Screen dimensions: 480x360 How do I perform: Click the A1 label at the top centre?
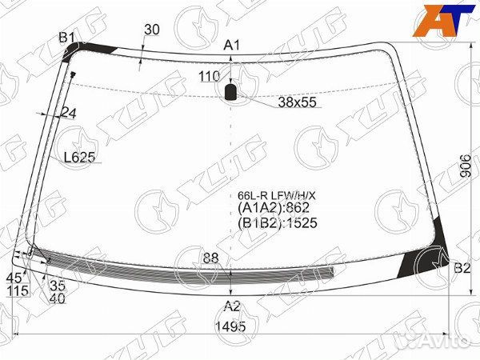pos(232,46)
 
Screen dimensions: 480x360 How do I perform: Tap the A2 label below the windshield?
pos(232,306)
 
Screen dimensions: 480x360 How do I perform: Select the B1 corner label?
pos(66,38)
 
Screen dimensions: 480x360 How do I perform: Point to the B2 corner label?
pos(462,269)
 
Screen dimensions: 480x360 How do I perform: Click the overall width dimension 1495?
pos(230,326)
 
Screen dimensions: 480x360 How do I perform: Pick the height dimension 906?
pos(466,166)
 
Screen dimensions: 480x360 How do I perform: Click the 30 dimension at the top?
pos(152,30)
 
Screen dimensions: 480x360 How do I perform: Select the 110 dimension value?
pos(210,76)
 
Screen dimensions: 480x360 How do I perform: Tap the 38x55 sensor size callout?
pos(297,102)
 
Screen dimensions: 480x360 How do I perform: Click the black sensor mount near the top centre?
pos(230,92)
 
